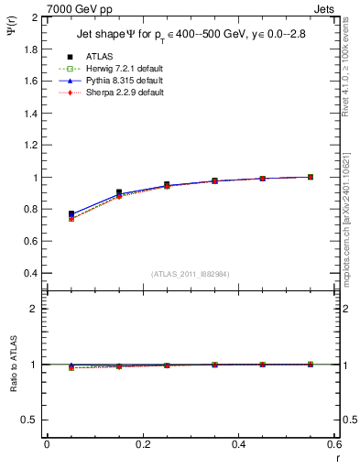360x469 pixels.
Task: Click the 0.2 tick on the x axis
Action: tap(143, 445)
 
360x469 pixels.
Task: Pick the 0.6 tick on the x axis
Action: tap(334, 445)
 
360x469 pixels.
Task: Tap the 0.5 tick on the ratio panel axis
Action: tap(30, 420)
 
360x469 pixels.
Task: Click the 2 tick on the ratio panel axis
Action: tap(34, 309)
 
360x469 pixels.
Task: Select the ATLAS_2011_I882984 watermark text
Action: tap(190, 274)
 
